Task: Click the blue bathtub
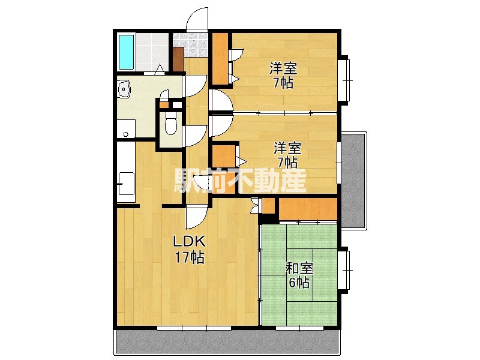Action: [126, 52]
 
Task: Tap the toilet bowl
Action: [171, 125]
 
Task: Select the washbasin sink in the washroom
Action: [124, 89]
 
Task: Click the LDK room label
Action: [189, 242]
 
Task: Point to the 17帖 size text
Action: [189, 257]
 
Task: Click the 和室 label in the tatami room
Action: [299, 268]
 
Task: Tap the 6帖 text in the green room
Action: [299, 282]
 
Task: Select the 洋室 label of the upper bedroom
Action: [283, 68]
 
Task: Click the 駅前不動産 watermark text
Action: [240, 181]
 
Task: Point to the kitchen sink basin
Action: [126, 184]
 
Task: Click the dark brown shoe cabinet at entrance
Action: [178, 59]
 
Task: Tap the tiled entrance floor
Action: [190, 44]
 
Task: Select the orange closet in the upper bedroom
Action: [220, 58]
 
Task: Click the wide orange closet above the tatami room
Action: [308, 209]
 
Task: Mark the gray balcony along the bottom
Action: [227, 342]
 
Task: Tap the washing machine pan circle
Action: [125, 134]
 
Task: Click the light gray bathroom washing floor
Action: [152, 52]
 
